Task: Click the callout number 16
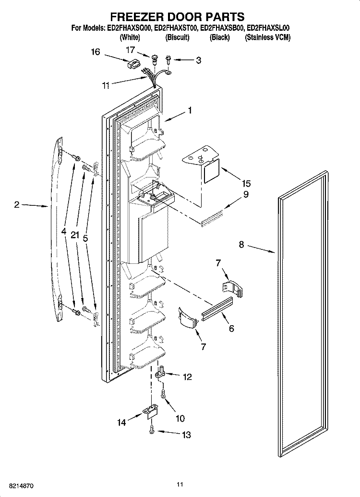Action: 96,52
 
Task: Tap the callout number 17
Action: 131,50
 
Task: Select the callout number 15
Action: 246,184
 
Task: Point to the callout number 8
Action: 241,245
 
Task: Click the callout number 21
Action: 74,235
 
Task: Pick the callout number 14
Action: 121,422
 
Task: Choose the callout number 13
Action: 186,435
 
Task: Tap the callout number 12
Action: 188,377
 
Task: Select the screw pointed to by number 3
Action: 168,59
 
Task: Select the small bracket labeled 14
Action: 151,412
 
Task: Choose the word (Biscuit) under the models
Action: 177,37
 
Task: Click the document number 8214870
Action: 21,485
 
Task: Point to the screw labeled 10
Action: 163,394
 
